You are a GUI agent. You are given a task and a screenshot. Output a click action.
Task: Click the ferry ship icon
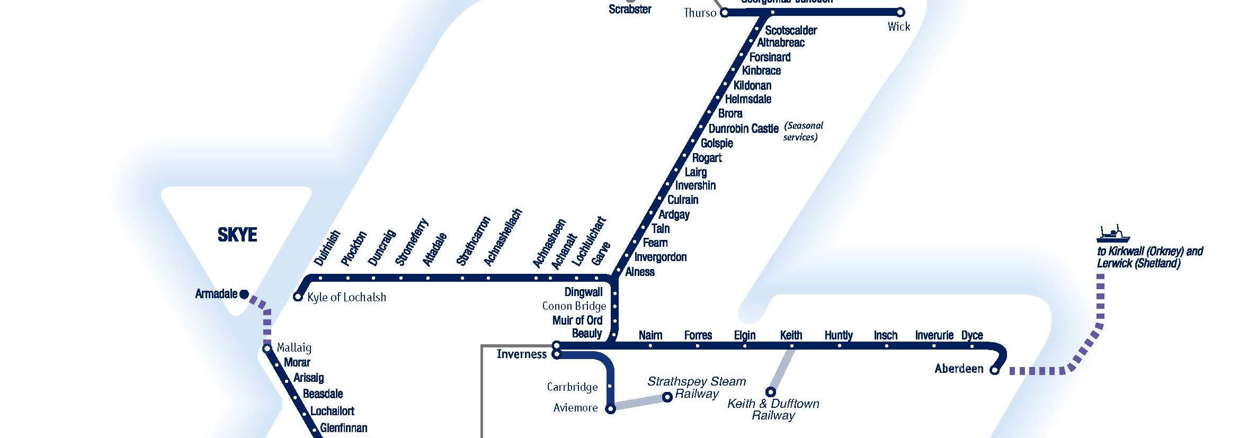pos(1113,234)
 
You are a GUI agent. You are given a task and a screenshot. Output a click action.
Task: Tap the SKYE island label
pos(237,235)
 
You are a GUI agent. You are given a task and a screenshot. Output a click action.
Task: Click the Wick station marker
pos(900,12)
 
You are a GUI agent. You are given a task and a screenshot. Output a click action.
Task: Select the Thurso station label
pos(699,13)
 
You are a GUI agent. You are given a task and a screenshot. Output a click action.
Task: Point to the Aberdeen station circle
pos(994,370)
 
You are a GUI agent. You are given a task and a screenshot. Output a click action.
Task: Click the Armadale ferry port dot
pos(244,294)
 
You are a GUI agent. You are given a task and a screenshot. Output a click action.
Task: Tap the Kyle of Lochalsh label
pos(346,298)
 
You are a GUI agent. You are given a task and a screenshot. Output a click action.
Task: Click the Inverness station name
pos(521,354)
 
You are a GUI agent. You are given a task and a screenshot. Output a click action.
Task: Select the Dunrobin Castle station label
pos(743,129)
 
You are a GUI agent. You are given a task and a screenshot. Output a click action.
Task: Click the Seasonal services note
pos(803,131)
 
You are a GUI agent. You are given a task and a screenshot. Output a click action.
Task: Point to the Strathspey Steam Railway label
pos(697,387)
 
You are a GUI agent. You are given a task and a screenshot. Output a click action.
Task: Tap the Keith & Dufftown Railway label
pos(773,409)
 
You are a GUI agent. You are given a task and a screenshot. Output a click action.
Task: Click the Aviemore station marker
pos(610,409)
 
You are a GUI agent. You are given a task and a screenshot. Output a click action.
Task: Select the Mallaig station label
pos(294,348)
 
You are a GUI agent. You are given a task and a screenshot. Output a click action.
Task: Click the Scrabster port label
pos(630,9)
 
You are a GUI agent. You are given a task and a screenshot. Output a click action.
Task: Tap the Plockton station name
pos(354,248)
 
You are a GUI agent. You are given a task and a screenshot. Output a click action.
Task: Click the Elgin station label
pos(744,335)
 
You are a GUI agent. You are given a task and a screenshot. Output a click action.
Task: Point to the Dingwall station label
pos(583,292)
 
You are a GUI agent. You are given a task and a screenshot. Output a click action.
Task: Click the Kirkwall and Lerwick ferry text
pos(1149,257)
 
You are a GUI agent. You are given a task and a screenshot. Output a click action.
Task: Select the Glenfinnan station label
pos(343,428)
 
